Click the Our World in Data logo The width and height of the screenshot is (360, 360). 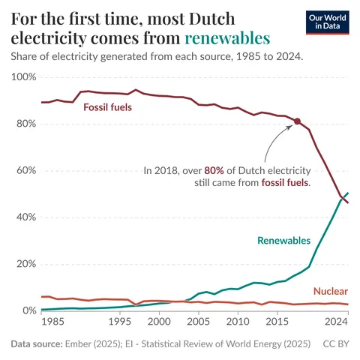tap(328, 22)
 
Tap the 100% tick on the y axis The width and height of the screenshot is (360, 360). tap(22, 77)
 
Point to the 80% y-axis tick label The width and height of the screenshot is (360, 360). tap(25, 124)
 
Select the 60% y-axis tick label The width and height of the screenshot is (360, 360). tap(25, 170)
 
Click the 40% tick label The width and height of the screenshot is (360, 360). tap(25, 217)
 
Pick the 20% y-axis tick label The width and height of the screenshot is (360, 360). tap(25, 264)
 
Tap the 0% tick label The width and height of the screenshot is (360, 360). tap(28, 310)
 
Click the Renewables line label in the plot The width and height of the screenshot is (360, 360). tap(283, 240)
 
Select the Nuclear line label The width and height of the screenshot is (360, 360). tap(330, 291)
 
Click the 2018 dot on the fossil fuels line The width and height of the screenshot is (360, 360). tap(297, 121)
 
